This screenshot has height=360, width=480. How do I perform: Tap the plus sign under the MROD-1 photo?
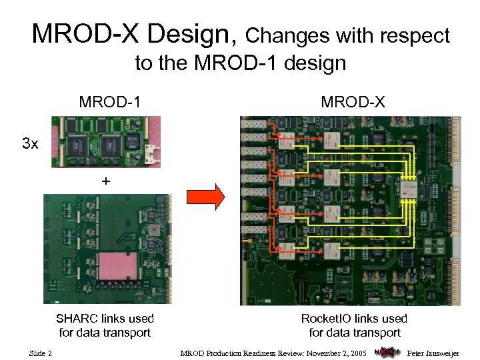coord(105,181)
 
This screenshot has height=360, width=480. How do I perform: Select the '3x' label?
coord(30,143)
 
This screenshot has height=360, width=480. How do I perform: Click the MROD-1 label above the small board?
coord(109,102)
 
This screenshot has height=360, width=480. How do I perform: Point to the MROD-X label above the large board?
coord(352,102)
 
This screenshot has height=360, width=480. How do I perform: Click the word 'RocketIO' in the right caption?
coord(325,319)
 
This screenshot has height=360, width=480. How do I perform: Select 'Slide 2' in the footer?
coord(41,352)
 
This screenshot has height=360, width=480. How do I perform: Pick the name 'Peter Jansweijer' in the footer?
coord(433,352)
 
